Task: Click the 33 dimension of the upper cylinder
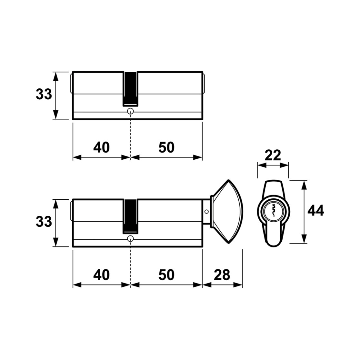(44, 94)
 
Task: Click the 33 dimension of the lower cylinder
(44, 222)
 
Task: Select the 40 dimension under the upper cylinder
(102, 147)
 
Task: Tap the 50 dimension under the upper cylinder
(166, 147)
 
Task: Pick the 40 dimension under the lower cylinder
(102, 275)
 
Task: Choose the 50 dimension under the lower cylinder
(166, 275)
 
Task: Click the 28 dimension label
(222, 275)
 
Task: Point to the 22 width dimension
(273, 155)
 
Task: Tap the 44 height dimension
(316, 211)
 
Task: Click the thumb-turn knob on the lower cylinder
(227, 212)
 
